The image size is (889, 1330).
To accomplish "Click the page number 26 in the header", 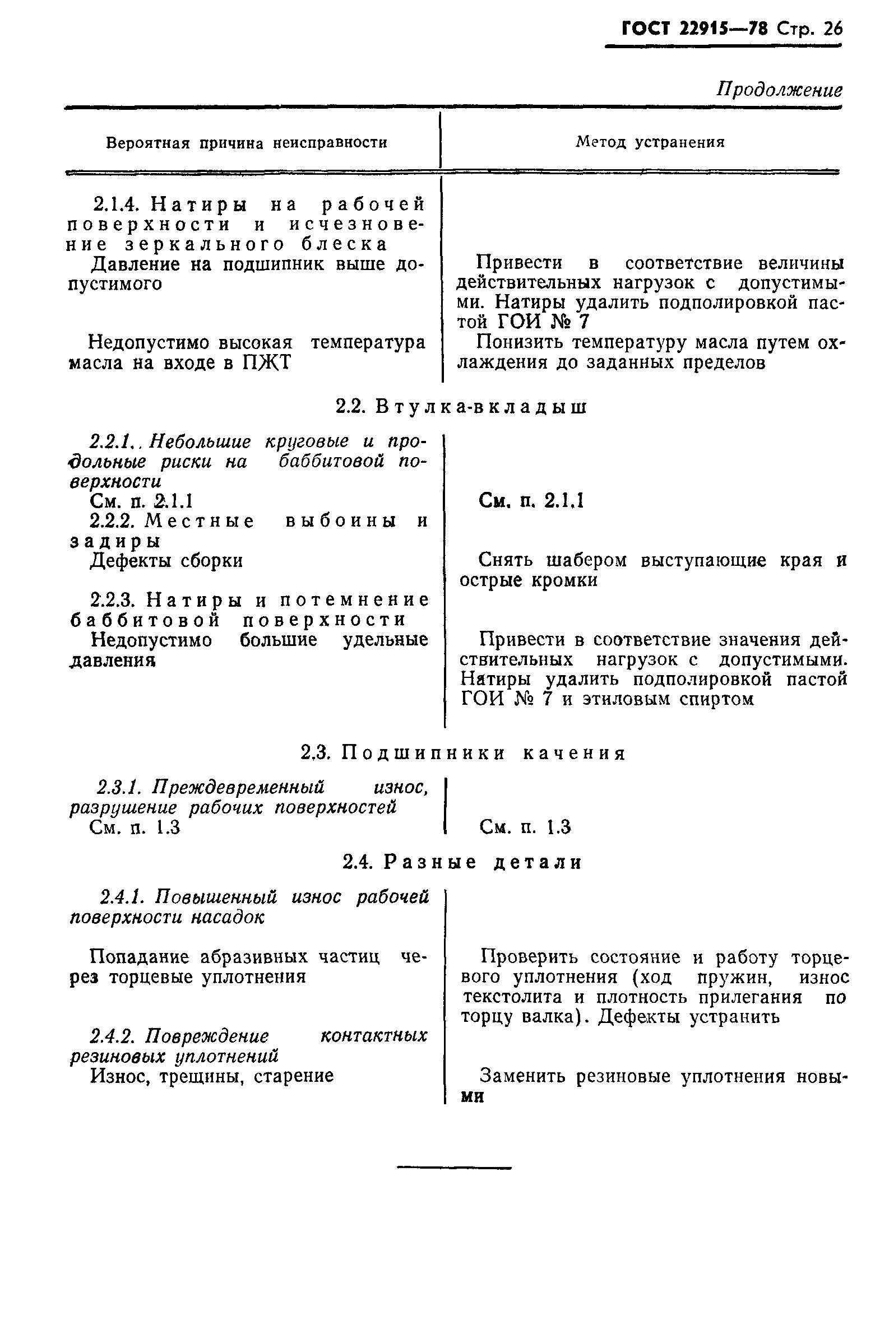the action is pos(832,29).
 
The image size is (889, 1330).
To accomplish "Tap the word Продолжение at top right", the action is pos(780,90).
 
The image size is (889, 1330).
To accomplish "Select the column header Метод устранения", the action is pos(650,142).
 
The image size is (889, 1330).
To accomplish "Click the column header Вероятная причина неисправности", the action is pos(247,143).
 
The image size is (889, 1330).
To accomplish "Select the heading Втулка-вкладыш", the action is pos(481,407).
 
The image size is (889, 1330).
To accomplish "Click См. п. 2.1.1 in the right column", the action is pos(531,501).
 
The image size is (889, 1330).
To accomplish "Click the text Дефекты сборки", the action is pos(166,561).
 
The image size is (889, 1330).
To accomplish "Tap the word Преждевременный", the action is pos(239,788).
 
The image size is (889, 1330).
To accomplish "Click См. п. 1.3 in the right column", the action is pos(525,827).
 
